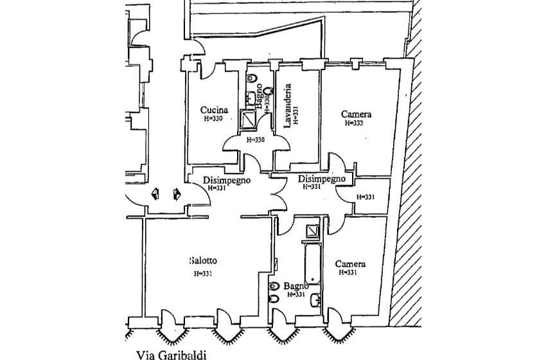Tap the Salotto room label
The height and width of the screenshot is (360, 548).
[203, 260]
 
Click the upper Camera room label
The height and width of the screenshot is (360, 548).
[357, 114]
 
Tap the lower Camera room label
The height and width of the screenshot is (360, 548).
[351, 264]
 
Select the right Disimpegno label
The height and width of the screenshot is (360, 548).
[323, 179]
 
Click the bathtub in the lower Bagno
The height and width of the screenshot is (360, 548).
[313, 264]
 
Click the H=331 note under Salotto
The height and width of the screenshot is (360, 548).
[203, 274]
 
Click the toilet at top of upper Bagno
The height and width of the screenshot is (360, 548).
[252, 79]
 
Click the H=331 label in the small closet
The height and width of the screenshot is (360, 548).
[366, 197]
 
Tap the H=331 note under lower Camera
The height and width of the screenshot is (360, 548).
[348, 273]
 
